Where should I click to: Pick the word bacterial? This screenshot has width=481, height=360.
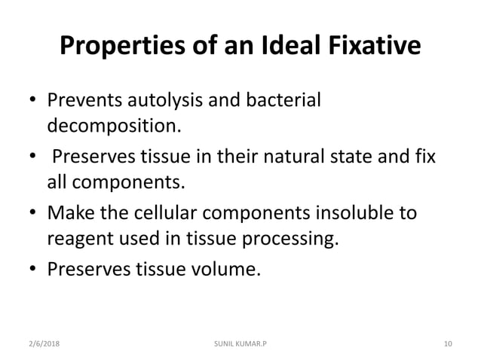click(285, 101)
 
